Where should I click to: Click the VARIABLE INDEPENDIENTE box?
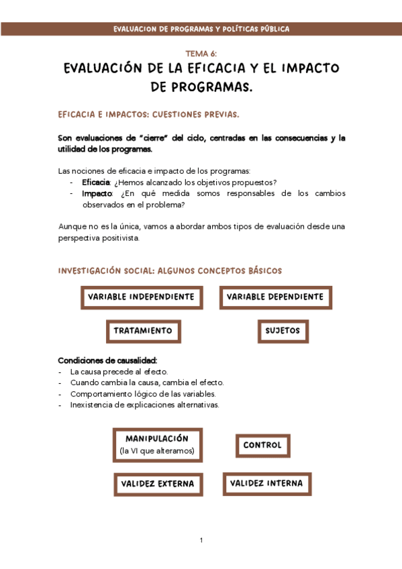tap(141, 297)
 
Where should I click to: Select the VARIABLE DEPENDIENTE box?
tap(275, 297)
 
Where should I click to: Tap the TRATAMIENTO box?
tap(143, 331)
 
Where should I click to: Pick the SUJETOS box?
tap(283, 331)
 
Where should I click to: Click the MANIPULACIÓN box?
tap(157, 444)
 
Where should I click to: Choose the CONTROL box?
tap(262, 445)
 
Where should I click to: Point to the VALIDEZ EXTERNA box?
tap(158, 483)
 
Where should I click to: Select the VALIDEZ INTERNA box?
tap(266, 483)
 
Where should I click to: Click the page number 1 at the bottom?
tap(201, 540)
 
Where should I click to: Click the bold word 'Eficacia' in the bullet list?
tap(96, 183)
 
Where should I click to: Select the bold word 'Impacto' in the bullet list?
tap(96, 193)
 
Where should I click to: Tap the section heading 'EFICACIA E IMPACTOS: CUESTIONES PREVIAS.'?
tap(149, 115)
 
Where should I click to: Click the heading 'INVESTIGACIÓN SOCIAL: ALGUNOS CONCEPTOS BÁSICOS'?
tap(170, 271)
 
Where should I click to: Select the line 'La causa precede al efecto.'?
tap(119, 371)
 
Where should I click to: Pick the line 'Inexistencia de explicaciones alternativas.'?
tap(144, 405)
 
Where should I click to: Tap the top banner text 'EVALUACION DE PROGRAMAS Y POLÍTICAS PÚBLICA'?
tap(201, 30)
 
